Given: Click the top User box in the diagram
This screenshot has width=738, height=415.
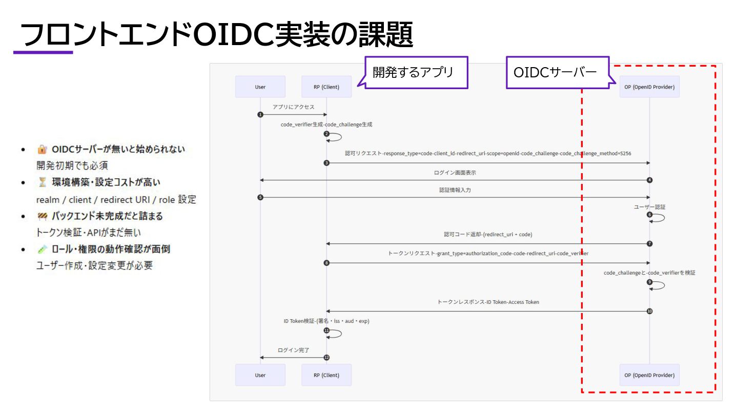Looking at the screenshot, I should click(260, 87).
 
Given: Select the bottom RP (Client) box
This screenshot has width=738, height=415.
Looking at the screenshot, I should click(326, 375).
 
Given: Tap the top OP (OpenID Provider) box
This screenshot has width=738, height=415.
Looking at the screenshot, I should click(649, 87).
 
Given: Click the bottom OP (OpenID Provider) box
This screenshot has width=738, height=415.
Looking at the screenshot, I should click(649, 375).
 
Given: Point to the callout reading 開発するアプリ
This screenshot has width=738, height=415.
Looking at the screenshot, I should click(416, 73).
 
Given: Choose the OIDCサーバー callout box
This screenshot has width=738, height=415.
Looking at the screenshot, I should click(558, 73).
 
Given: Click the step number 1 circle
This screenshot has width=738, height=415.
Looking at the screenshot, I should click(260, 114).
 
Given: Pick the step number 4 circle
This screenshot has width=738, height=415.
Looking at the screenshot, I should click(649, 180).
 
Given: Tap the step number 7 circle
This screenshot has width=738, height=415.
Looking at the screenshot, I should click(649, 243).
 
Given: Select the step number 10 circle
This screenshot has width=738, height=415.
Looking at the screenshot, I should click(649, 311).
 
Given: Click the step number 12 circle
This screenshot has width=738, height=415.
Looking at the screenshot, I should click(326, 357).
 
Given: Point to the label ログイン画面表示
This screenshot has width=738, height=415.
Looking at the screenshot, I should click(455, 173).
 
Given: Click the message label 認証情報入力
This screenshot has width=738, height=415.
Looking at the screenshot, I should click(455, 190).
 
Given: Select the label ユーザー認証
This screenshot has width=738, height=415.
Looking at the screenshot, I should click(649, 207).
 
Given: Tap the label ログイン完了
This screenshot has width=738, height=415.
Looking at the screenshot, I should click(293, 350).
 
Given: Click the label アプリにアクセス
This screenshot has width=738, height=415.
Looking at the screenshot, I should click(293, 107).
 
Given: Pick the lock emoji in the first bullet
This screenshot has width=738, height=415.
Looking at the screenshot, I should click(42, 150).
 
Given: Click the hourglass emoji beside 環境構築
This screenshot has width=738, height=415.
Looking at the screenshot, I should click(42, 182).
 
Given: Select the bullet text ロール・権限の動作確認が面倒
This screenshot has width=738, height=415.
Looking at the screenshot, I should click(111, 249).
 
